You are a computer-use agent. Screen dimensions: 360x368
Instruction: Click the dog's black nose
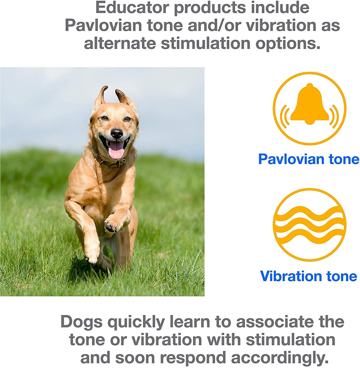(x=116, y=133)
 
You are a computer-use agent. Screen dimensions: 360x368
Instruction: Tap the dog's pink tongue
(x=116, y=150)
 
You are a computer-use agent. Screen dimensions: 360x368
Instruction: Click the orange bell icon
(x=310, y=108)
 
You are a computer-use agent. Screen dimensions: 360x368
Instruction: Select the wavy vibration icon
(x=310, y=224)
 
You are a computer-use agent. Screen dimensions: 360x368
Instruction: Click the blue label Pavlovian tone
(x=309, y=159)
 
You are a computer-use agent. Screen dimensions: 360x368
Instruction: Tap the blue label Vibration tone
(x=308, y=276)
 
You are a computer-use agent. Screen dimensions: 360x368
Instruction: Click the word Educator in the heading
(x=132, y=8)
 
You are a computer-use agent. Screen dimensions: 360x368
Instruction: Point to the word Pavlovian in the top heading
(x=104, y=25)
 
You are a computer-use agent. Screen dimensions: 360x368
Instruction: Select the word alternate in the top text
(x=120, y=44)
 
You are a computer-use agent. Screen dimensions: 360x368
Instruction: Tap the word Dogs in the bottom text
(x=81, y=322)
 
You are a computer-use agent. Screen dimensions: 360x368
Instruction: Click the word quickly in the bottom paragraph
(x=136, y=322)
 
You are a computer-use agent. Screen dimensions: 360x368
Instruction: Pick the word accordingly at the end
(x=280, y=358)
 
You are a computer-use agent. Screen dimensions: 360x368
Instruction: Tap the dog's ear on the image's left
(x=101, y=96)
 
